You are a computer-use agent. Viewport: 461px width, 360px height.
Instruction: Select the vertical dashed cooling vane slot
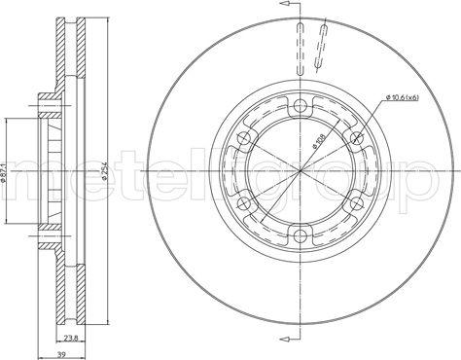[301, 48]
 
